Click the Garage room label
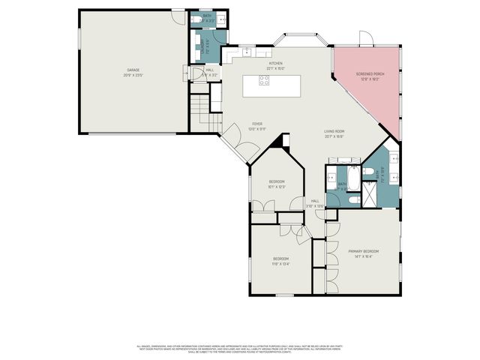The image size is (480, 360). pyautogui.click(x=133, y=73)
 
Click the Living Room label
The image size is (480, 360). pyautogui.click(x=334, y=134)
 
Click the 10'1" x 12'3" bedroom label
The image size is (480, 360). pyautogui.click(x=278, y=184)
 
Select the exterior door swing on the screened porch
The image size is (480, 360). pyautogui.click(x=366, y=40)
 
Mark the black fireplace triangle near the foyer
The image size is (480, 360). pyautogui.click(x=282, y=141)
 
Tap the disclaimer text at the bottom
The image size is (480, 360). pyautogui.click(x=240, y=349)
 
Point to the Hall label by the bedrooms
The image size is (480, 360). pyautogui.click(x=316, y=202)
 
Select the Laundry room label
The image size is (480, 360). pyautogui.click(x=204, y=46)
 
